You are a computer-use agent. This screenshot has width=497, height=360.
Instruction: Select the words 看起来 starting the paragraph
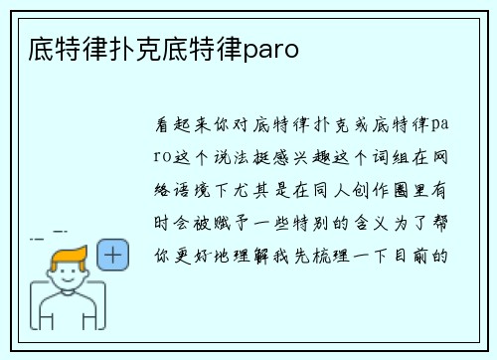tap(186, 126)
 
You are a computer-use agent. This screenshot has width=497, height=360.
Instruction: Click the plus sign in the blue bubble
tap(113, 255)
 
